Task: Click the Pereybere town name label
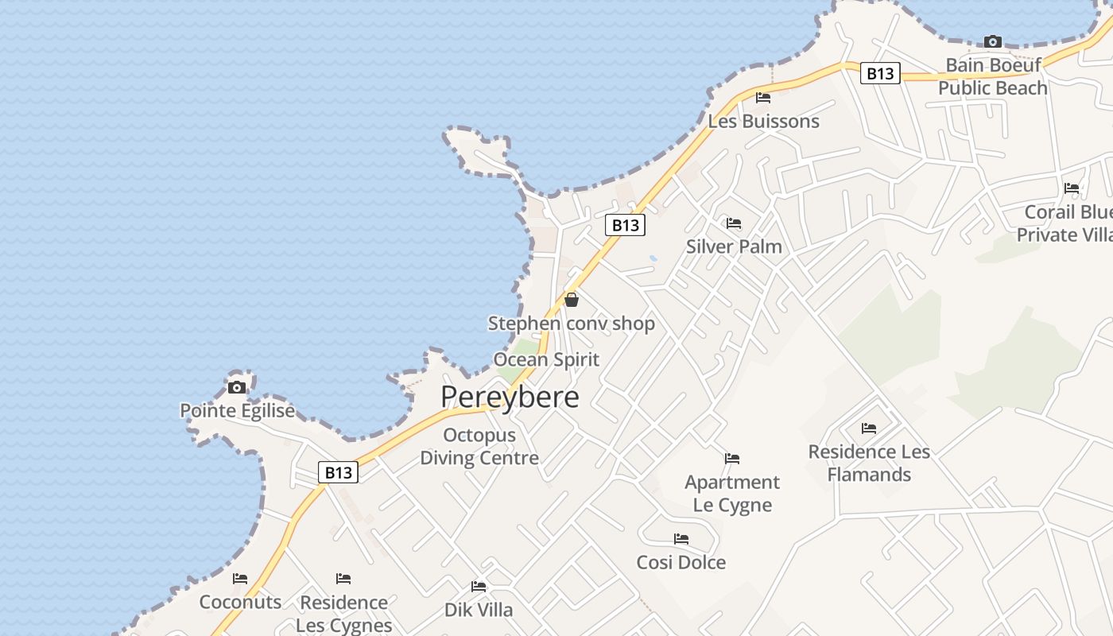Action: (510, 397)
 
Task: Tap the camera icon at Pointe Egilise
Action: (237, 387)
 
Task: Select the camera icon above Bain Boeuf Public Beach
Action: (992, 41)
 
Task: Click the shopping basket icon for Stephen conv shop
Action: (571, 300)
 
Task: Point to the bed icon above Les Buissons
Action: (763, 98)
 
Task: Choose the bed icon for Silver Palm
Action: (733, 223)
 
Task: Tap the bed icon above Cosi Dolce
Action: (681, 539)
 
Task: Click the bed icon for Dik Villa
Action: (478, 587)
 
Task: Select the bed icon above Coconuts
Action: (240, 579)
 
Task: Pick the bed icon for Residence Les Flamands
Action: (869, 429)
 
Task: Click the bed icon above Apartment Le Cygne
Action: (732, 459)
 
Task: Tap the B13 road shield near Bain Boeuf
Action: (879, 74)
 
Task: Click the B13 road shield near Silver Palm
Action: (625, 225)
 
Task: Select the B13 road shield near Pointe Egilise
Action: (338, 472)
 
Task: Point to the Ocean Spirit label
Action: (546, 359)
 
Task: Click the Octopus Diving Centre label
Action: (479, 446)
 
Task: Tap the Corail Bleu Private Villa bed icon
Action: (1072, 188)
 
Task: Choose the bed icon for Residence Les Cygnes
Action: (343, 579)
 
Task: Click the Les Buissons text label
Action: (763, 122)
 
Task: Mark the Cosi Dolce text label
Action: (681, 562)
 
